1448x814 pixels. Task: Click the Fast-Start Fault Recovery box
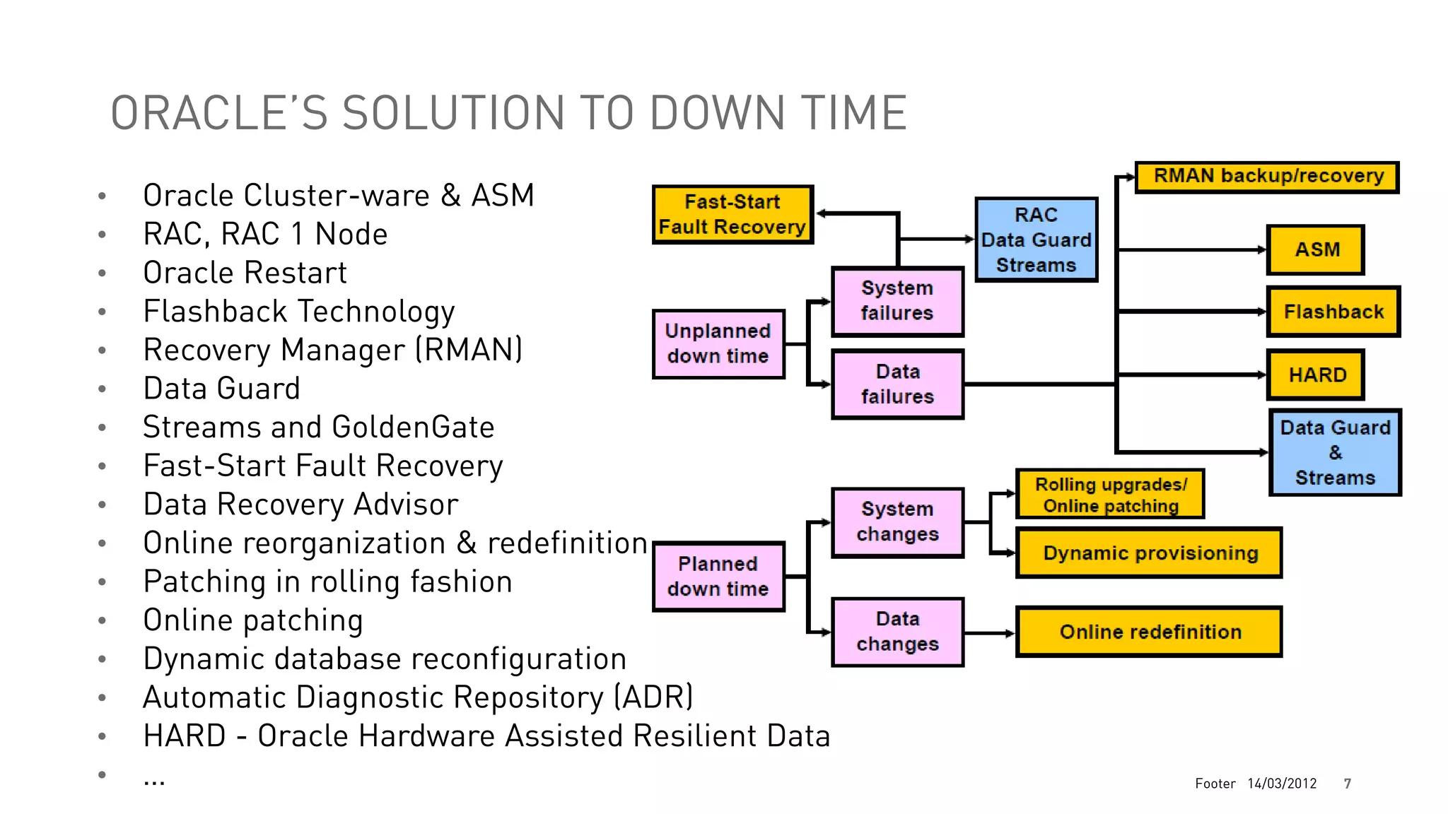point(732,215)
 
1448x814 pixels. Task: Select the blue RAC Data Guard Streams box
point(1036,240)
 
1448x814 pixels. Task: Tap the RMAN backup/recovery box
point(1267,177)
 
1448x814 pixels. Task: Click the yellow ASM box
point(1315,250)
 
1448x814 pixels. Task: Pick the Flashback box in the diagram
point(1333,312)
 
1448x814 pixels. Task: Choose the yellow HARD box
point(1315,375)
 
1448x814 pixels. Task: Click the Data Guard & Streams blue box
point(1334,452)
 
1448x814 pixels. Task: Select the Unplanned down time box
point(718,344)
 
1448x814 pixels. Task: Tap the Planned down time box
point(718,577)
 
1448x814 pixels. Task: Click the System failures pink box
point(897,301)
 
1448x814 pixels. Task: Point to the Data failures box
point(897,384)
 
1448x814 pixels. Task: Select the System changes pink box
point(897,522)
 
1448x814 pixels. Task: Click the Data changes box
point(897,632)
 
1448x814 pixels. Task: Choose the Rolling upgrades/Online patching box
point(1110,495)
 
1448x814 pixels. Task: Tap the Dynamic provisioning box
point(1149,553)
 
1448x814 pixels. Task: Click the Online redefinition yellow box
point(1149,632)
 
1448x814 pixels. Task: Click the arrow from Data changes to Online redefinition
point(990,633)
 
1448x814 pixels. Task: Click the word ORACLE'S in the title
point(219,113)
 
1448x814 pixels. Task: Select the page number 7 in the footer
point(1347,784)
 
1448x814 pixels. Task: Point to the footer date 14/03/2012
point(1281,784)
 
